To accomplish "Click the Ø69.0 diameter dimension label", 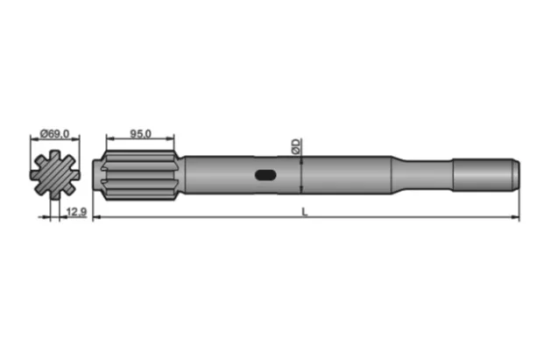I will coord(54,134).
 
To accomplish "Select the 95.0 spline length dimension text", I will coord(141,134).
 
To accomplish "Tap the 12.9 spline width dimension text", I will coord(76,212).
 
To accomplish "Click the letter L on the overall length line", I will coord(304,211).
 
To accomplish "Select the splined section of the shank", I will coord(140,175).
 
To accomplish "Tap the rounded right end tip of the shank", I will coord(516,173).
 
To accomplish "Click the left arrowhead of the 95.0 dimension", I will coord(109,139).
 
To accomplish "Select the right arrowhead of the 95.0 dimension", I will coord(172,139).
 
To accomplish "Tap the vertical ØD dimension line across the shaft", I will coord(301,175).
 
